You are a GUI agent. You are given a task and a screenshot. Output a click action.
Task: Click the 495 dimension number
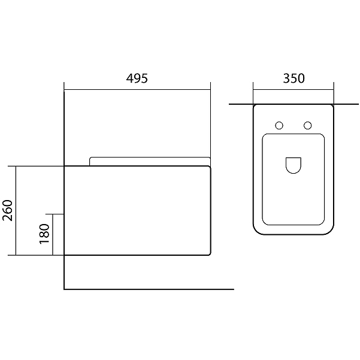[137, 78]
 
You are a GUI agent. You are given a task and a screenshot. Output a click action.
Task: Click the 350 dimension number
[294, 78]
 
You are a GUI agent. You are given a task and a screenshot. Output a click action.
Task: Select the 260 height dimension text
[7, 210]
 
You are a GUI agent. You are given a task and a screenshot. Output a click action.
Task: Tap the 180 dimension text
[44, 234]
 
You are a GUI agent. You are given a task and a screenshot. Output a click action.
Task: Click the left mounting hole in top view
[279, 125]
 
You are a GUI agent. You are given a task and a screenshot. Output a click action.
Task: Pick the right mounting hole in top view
[308, 125]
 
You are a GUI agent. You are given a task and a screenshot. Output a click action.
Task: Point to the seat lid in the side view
[150, 158]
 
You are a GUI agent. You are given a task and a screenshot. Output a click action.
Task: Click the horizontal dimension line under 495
[137, 89]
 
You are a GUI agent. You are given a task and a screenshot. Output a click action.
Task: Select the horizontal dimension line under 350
[294, 89]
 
